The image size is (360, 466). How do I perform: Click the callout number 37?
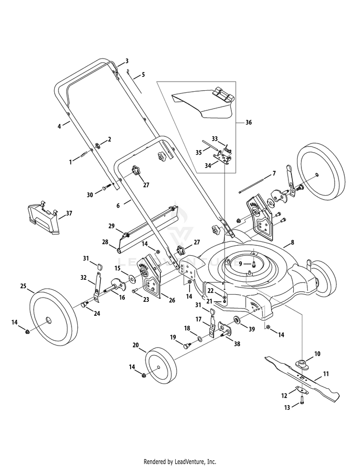69,213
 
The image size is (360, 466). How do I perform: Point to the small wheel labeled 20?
159,369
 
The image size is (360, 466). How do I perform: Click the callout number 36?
248,122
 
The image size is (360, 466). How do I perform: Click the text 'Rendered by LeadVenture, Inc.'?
180,462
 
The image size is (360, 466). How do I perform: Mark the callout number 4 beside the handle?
60,126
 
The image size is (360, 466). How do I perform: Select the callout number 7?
274,173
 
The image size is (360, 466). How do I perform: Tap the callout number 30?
90,195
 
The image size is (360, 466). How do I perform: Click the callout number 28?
105,242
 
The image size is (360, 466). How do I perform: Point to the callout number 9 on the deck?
241,263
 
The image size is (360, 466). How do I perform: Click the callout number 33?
215,138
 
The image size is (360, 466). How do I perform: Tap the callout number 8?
293,243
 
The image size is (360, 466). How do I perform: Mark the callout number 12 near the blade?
284,395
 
